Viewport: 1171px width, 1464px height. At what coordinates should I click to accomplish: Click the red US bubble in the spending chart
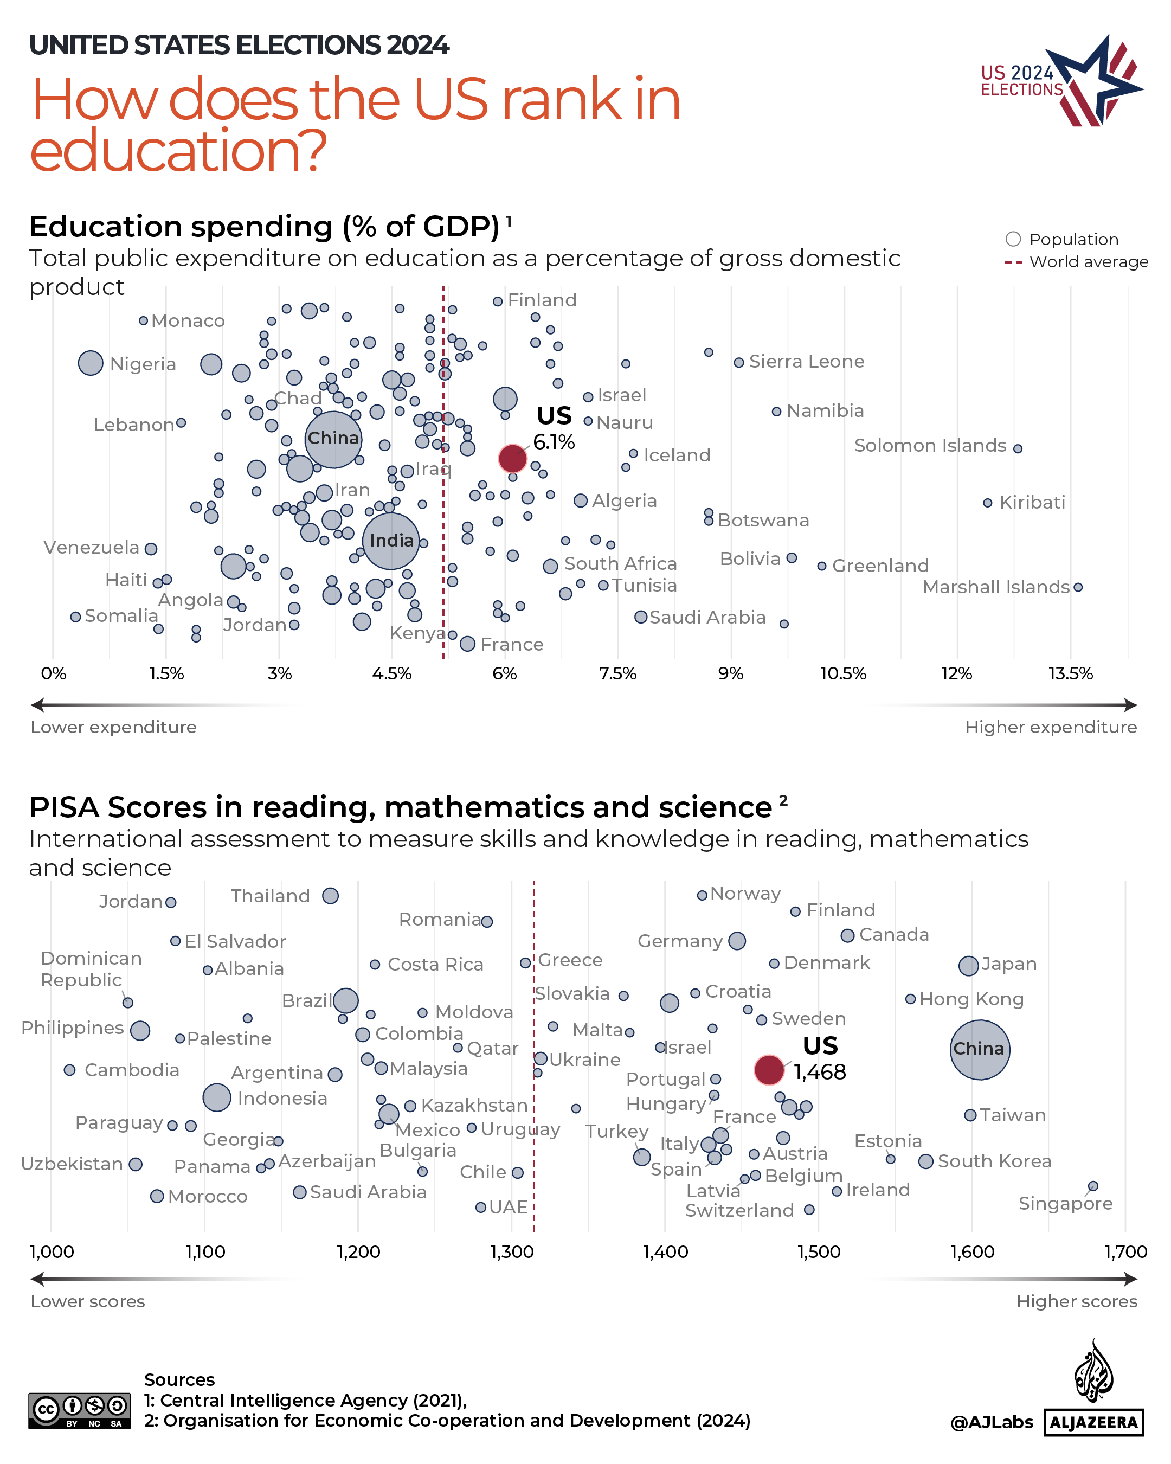pyautogui.click(x=512, y=458)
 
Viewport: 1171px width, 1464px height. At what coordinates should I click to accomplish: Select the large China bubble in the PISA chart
pyautogui.click(x=979, y=1049)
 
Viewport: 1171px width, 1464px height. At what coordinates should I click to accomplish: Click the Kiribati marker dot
pyautogui.click(x=987, y=503)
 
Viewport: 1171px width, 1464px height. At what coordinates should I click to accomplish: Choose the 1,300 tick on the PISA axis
pyautogui.click(x=512, y=1251)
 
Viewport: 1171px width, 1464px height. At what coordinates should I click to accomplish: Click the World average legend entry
pyautogui.click(x=1076, y=261)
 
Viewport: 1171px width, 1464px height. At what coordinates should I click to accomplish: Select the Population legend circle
pyautogui.click(x=1013, y=239)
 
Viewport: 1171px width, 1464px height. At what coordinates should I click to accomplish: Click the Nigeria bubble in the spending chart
pyautogui.click(x=91, y=363)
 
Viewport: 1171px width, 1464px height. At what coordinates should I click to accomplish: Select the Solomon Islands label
pyautogui.click(x=929, y=446)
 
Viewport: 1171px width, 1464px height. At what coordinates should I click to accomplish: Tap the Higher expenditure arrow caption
pyautogui.click(x=1050, y=727)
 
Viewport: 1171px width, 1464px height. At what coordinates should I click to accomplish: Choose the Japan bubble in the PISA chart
pyautogui.click(x=968, y=965)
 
